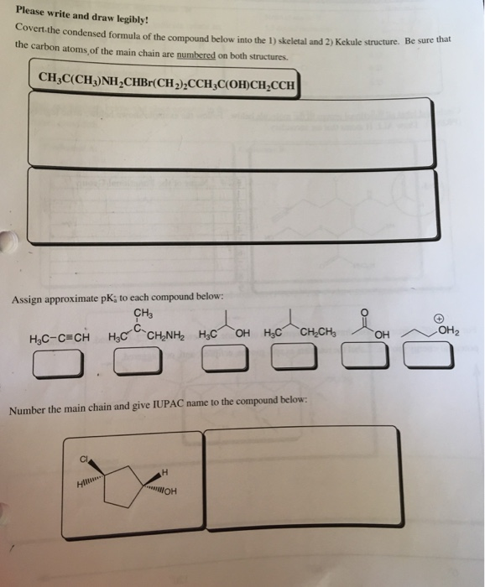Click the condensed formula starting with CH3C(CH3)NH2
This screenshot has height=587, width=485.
tap(165, 81)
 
